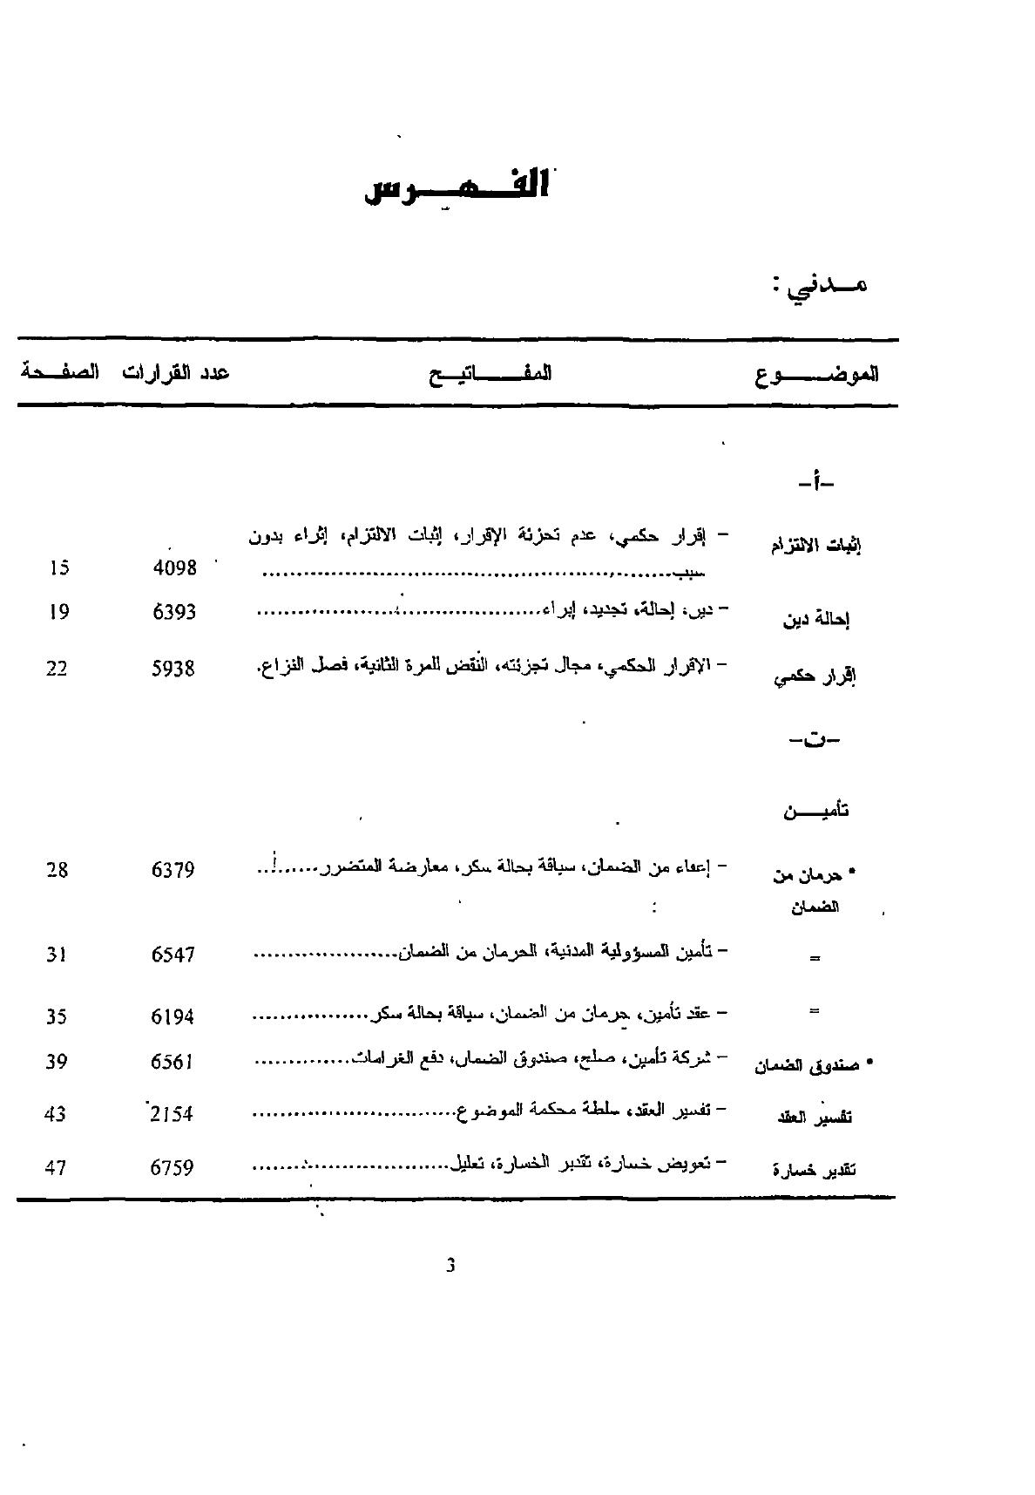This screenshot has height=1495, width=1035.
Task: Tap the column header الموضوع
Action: [816, 375]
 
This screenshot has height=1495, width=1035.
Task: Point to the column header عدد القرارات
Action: [175, 373]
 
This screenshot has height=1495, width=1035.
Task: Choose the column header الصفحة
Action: [59, 372]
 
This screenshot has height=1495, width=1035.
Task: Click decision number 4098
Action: [174, 567]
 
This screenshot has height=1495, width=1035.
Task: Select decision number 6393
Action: [174, 612]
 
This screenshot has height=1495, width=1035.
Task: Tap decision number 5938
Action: [173, 669]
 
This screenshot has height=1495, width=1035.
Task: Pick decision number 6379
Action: [173, 869]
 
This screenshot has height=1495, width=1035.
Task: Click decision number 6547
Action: [172, 954]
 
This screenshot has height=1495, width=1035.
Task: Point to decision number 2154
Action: [172, 1114]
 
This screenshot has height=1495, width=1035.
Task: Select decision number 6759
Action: [172, 1167]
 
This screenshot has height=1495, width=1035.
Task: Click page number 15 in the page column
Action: [59, 567]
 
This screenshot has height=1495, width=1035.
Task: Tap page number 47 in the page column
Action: [56, 1167]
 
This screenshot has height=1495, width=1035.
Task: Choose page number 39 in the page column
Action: [56, 1062]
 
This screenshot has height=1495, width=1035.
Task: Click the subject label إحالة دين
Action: [816, 621]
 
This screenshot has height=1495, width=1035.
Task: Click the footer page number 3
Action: [450, 1266]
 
